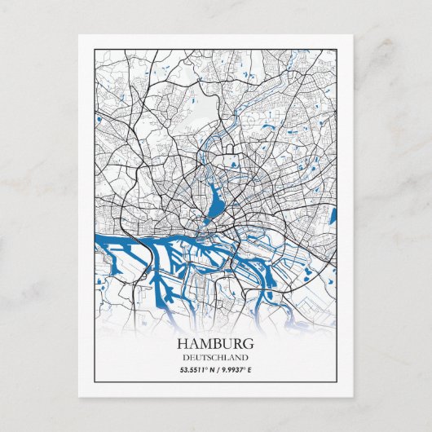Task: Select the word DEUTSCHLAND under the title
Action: (216, 357)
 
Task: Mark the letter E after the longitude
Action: (250, 371)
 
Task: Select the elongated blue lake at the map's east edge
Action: (333, 217)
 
